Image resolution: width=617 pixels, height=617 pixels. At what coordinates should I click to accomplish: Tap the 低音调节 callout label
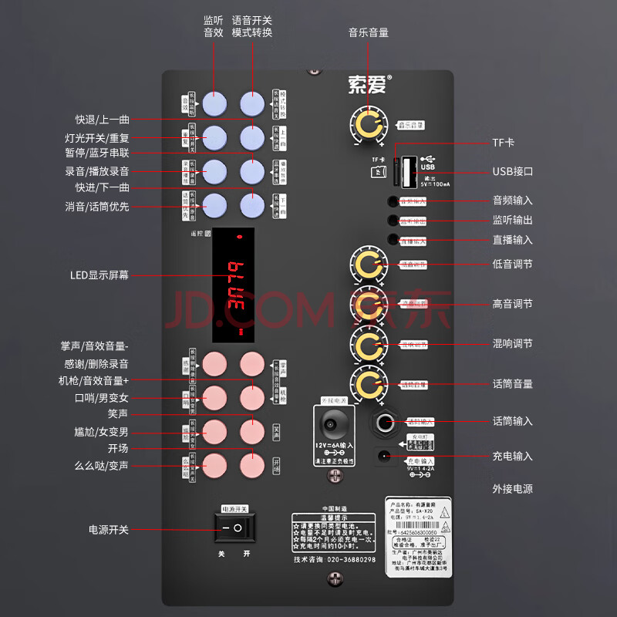tap(512, 264)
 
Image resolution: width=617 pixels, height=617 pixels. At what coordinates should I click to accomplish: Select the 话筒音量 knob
tap(368, 383)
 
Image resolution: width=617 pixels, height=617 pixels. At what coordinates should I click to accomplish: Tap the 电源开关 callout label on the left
tap(108, 530)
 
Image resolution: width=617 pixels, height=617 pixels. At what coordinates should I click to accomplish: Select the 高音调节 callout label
tap(512, 304)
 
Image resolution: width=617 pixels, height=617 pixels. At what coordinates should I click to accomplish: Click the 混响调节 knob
tap(368, 343)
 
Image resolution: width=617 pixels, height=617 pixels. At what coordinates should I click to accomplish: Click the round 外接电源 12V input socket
tap(333, 422)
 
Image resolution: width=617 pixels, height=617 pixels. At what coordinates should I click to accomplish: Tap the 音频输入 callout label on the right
tap(512, 200)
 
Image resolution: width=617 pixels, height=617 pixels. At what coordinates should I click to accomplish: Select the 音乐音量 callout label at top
tap(368, 32)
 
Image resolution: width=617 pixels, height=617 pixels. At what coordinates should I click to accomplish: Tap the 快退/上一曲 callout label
tap(102, 120)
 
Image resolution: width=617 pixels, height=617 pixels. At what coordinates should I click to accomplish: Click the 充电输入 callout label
tap(512, 457)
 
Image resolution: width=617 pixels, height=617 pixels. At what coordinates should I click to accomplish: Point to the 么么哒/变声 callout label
tap(101, 466)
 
